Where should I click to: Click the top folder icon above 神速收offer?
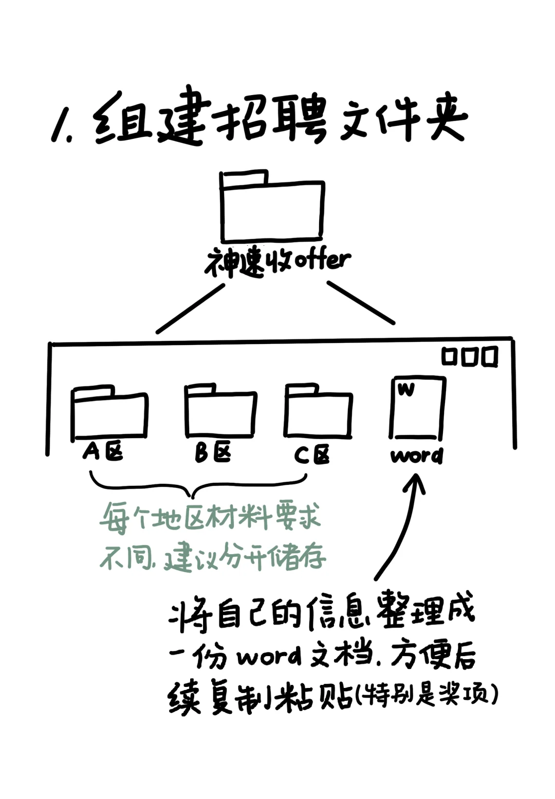[272, 208]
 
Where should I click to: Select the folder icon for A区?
[109, 414]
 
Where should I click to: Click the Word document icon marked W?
[417, 408]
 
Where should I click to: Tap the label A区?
[103, 452]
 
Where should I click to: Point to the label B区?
[213, 453]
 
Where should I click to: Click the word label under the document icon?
[416, 456]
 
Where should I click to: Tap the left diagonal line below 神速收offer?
[191, 308]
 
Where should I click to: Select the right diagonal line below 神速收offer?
[361, 303]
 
